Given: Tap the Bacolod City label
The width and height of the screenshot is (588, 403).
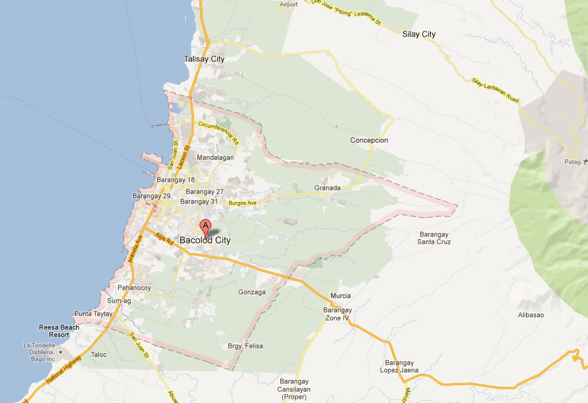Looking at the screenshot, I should [205, 241].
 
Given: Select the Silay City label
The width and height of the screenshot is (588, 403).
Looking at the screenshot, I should [419, 35].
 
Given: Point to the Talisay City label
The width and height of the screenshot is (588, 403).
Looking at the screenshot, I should [204, 59].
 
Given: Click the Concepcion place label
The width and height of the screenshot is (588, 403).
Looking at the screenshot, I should [369, 140].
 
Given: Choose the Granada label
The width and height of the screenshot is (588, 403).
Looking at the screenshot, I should [327, 188].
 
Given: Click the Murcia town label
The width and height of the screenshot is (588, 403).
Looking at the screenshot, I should [340, 296].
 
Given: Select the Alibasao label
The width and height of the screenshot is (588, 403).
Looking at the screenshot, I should [530, 315].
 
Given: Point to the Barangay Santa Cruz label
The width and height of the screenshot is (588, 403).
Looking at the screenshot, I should [435, 238].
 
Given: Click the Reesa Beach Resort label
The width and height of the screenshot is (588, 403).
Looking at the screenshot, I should [59, 330].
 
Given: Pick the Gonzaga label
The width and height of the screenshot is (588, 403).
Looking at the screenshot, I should [252, 292].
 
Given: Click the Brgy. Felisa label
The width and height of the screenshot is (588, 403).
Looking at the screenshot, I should [246, 345].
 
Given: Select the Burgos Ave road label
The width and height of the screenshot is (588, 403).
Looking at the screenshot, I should [242, 203].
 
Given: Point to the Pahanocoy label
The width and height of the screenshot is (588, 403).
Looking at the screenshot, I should [135, 288].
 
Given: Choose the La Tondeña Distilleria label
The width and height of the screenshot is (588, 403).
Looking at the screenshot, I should [48, 352].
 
